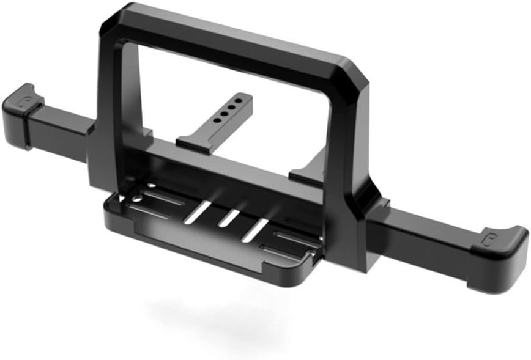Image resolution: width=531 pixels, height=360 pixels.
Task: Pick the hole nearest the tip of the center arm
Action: click(x=244, y=100)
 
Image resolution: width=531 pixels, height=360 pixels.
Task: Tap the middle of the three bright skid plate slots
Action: click(x=229, y=218)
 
